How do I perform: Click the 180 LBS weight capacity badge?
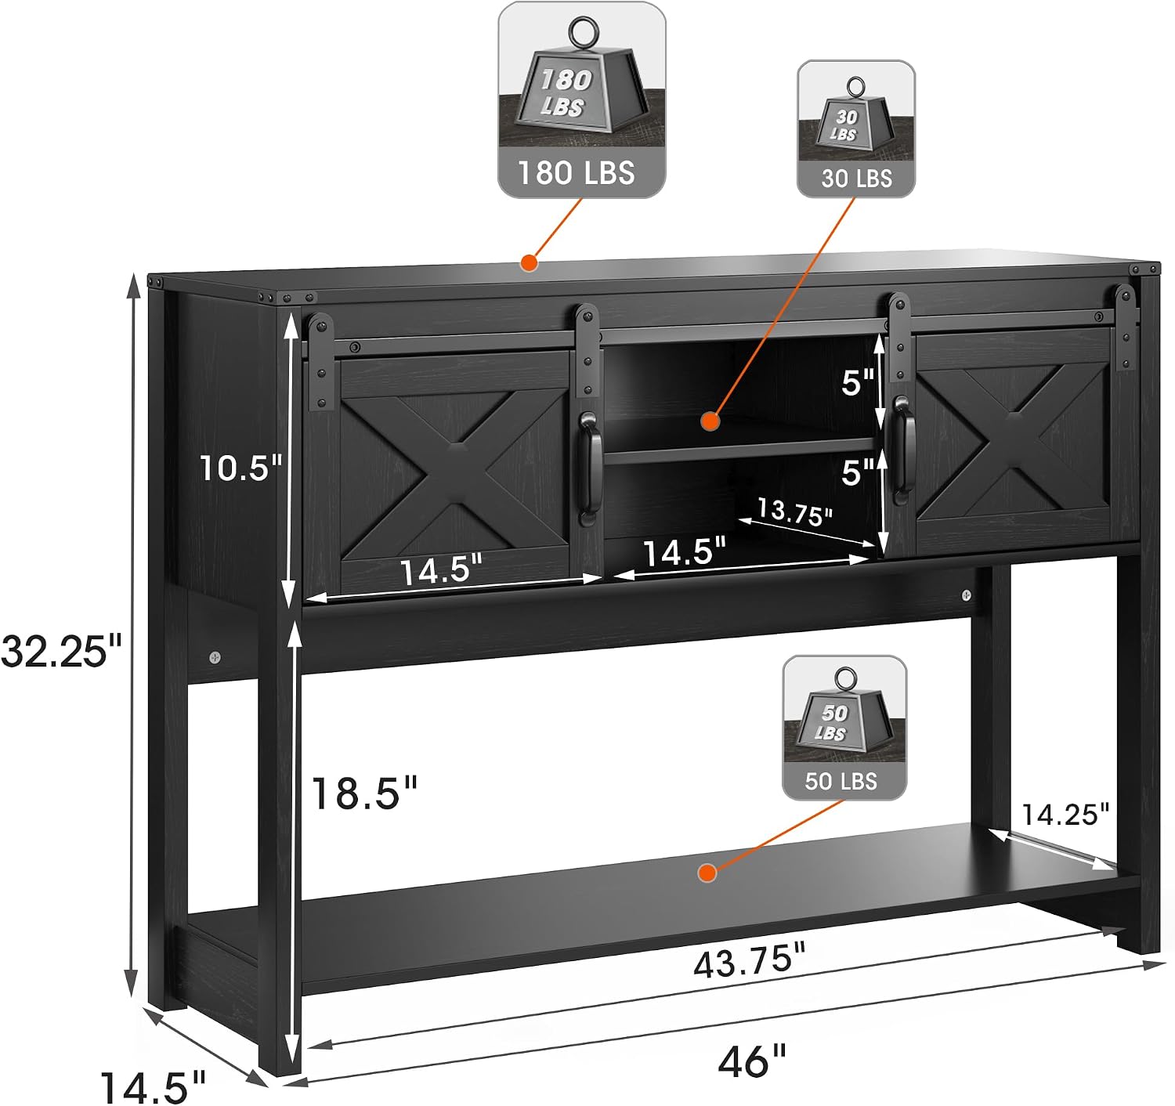[x=581, y=99]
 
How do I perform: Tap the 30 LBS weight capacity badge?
[x=856, y=128]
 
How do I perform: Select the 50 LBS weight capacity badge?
[x=844, y=727]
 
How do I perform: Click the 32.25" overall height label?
[x=61, y=649]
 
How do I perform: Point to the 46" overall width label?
[x=752, y=1061]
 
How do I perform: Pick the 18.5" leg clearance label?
[x=364, y=793]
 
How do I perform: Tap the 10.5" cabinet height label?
[x=241, y=468]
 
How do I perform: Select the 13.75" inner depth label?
[x=794, y=511]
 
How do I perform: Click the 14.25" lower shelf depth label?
[x=1065, y=815]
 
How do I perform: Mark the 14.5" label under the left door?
[x=442, y=570]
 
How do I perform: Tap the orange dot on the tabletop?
[x=529, y=262]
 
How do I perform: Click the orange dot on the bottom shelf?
[x=707, y=873]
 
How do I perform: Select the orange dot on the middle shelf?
[x=710, y=421]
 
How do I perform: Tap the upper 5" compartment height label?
[x=857, y=383]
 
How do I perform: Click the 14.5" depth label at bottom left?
[x=153, y=1088]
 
